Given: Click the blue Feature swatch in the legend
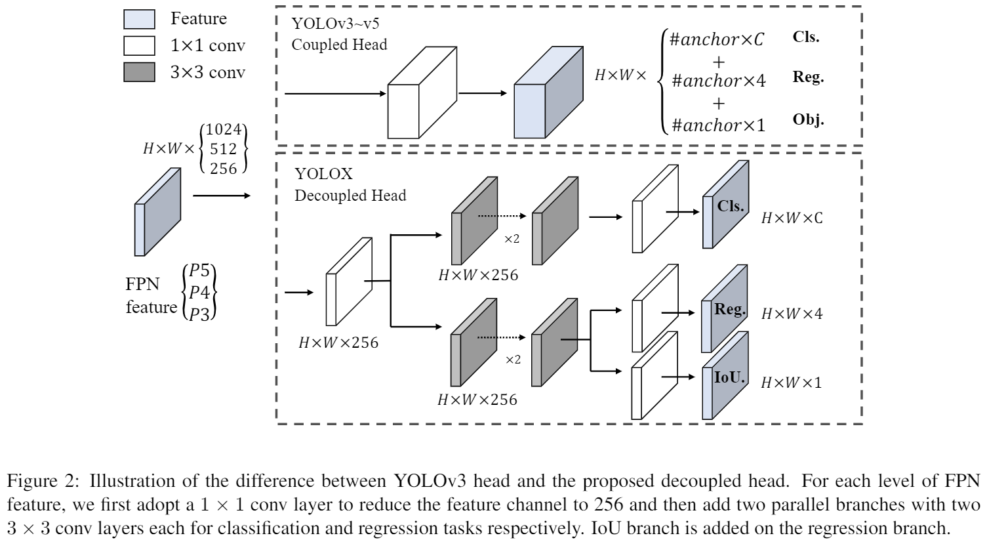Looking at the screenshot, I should click(x=139, y=19).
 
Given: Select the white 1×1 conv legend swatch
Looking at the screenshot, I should click(x=139, y=45).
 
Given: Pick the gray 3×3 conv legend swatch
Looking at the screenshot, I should click(x=139, y=72).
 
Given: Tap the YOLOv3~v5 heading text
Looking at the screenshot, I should click(x=335, y=24).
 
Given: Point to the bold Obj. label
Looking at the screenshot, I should click(x=808, y=120).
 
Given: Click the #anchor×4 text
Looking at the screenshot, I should click(x=719, y=81).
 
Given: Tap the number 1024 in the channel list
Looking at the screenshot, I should click(x=223, y=131).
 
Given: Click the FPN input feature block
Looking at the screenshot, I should click(x=157, y=211).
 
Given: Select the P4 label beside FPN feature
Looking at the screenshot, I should click(x=199, y=292).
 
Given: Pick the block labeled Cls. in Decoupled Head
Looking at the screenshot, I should click(x=725, y=207).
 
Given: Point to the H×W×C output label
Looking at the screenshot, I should click(x=791, y=218).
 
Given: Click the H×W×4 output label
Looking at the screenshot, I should click(x=791, y=314).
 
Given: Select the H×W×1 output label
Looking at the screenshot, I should click(x=791, y=382).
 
